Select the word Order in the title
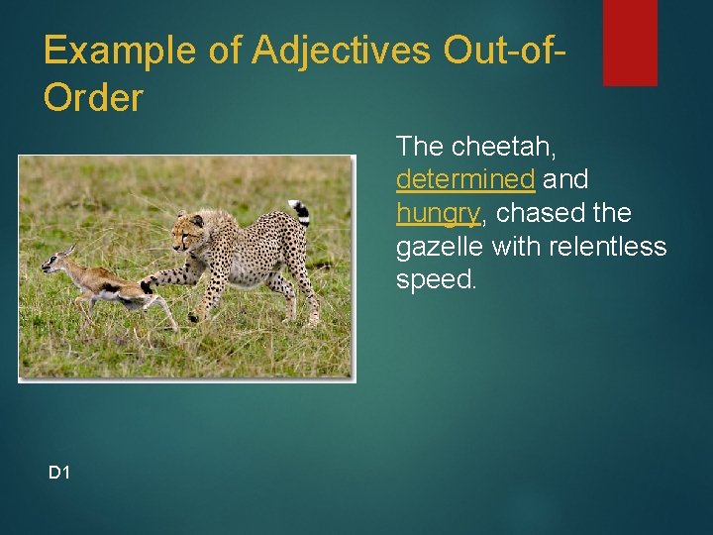pyautogui.click(x=94, y=97)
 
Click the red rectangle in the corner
pyautogui.click(x=630, y=42)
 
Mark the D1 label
pyautogui.click(x=59, y=473)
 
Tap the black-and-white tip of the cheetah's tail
pyautogui.click(x=300, y=210)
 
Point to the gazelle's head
pyautogui.click(x=57, y=261)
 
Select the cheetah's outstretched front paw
pyautogui.click(x=148, y=286)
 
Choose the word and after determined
pyautogui.click(x=566, y=179)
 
